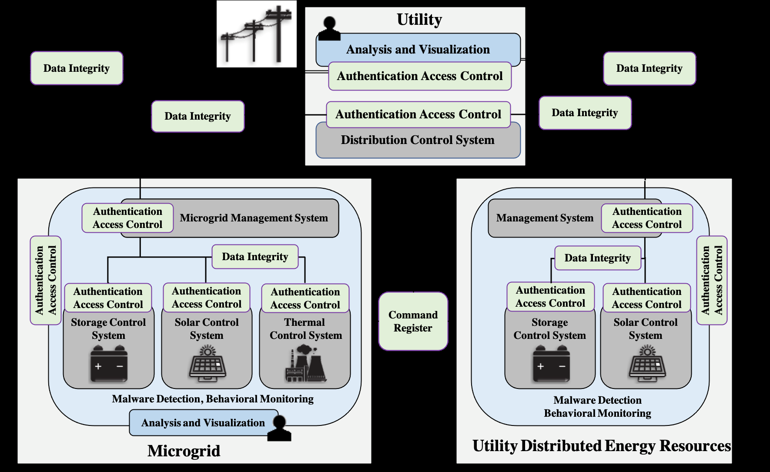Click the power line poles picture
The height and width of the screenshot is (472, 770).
coord(257,34)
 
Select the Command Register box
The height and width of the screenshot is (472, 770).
coord(413,321)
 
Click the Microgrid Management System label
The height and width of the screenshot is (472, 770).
coord(254,218)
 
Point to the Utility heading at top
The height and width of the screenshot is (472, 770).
coord(419,20)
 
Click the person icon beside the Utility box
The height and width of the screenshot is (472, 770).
coord(329,29)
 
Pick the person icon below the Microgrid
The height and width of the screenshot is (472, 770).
coord(278,428)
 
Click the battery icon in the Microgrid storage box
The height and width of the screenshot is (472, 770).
coord(109,365)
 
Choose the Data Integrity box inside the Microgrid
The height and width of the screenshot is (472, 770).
coord(255,257)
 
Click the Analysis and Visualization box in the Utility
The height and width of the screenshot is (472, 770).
coord(418,50)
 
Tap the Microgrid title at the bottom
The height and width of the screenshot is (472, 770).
coord(184,451)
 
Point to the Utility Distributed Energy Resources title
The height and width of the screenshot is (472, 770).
coord(602,446)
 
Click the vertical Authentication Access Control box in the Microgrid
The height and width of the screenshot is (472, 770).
coord(46,280)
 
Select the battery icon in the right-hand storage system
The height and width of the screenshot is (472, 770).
coord(551,365)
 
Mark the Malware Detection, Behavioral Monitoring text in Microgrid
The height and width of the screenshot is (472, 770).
coord(212,399)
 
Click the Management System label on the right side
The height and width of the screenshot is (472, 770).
coord(545,218)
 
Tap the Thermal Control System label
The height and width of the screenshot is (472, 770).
coord(305,329)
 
